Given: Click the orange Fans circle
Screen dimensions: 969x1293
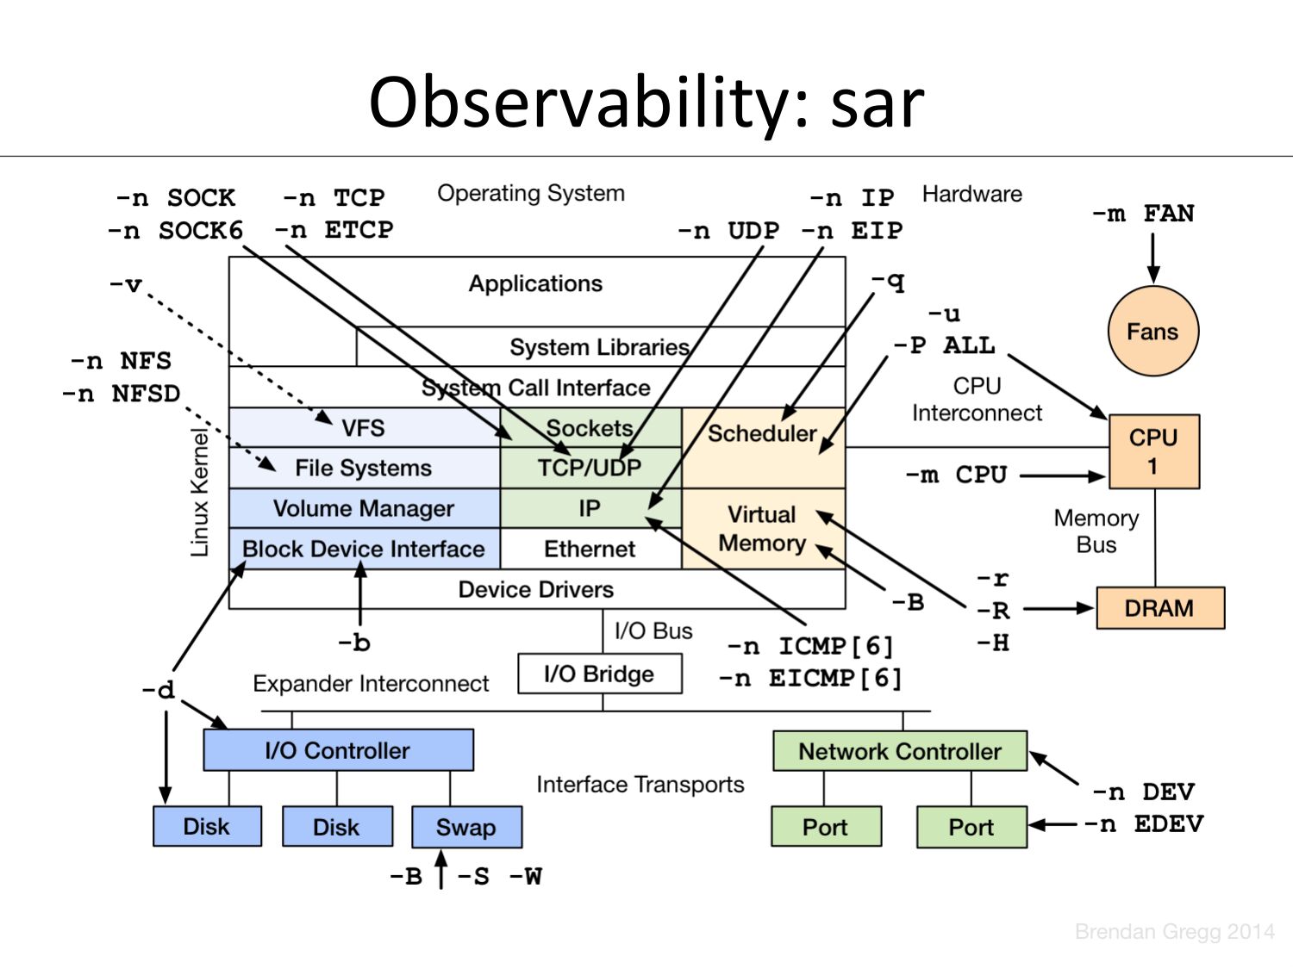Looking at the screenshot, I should point(1152,332).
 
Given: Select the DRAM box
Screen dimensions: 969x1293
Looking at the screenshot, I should point(1159,608).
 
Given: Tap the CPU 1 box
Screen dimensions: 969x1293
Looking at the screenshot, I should point(1153,451).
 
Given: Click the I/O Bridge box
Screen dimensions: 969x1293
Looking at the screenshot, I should point(599,674).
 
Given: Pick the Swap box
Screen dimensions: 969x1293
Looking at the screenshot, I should point(466,827).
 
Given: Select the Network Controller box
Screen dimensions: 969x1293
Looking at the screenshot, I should point(899,751).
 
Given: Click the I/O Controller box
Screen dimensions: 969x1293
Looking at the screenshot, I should point(338,750).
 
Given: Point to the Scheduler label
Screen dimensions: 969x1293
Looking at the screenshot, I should point(762,433).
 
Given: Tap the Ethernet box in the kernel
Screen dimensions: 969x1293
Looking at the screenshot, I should point(590,549).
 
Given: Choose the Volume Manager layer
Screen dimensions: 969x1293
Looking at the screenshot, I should point(364,508).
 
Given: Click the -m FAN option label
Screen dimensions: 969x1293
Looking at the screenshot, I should point(1143,213).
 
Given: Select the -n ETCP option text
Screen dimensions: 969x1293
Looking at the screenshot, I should point(334,230).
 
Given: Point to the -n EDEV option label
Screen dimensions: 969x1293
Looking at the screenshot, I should point(1143,824).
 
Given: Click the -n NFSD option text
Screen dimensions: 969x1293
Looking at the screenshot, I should point(122,394).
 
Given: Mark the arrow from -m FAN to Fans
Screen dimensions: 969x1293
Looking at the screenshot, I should point(1152,256).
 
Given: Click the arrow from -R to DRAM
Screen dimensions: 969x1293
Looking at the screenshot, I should point(1058,609).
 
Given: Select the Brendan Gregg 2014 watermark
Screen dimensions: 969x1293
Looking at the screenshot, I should point(1174,931).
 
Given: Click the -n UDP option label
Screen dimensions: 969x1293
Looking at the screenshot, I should point(728,231).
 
